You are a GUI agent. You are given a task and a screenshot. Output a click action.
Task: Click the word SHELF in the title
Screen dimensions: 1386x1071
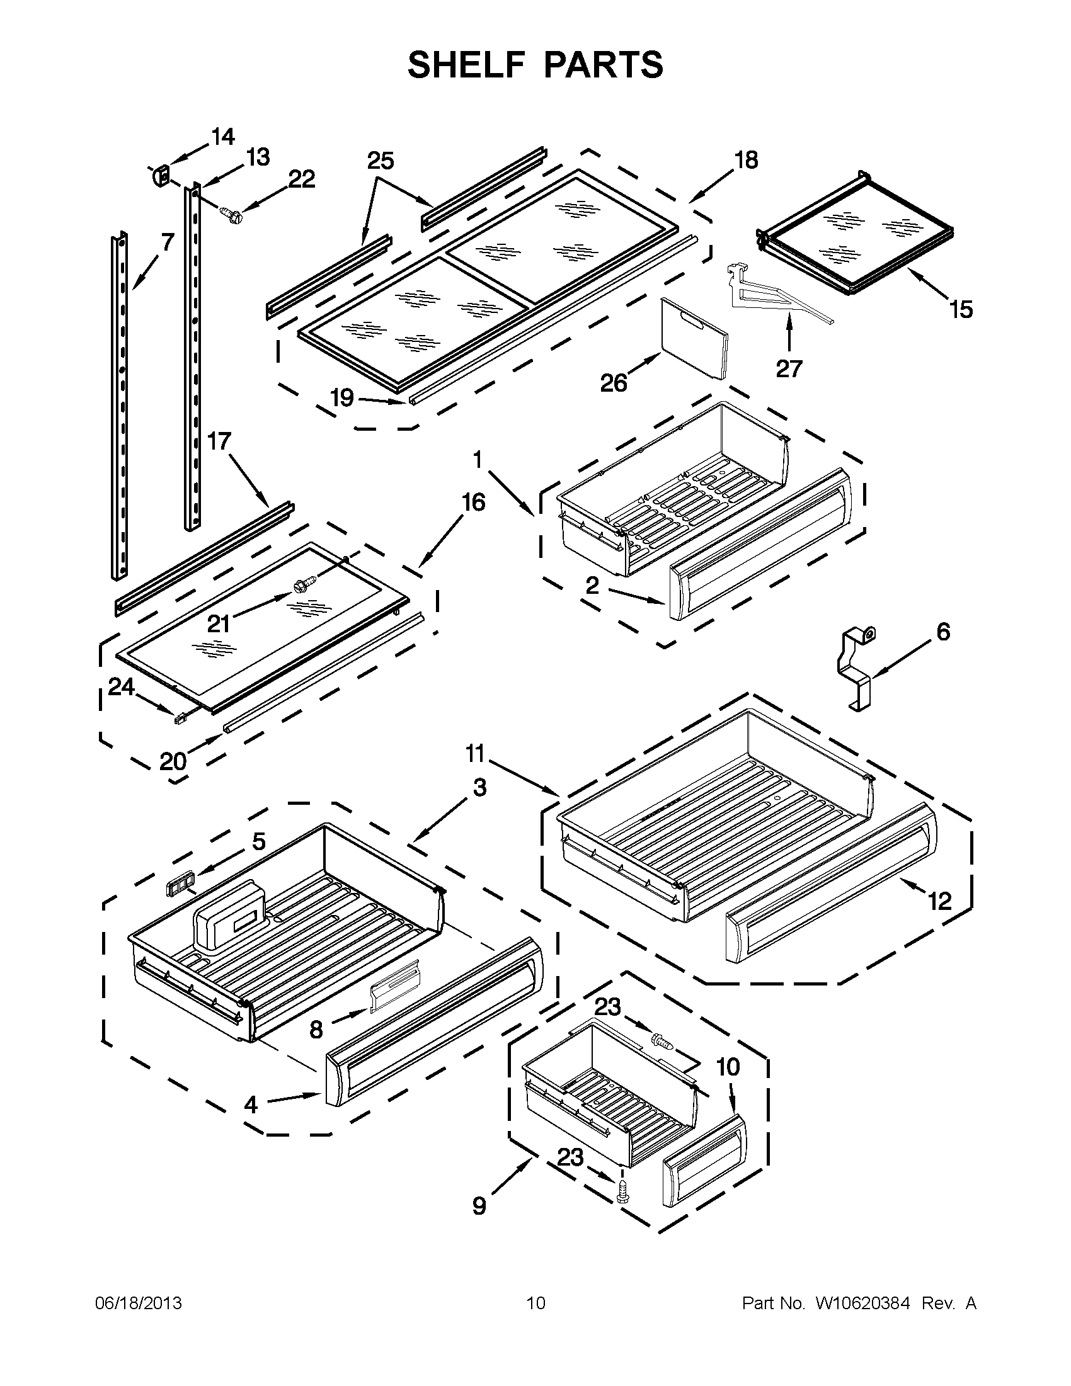tap(463, 65)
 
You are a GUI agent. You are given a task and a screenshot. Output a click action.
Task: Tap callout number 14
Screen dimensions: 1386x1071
tap(222, 137)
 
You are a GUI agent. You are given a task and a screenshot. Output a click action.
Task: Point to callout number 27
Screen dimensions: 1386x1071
tap(789, 368)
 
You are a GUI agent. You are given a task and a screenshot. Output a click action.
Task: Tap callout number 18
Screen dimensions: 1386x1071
tap(746, 161)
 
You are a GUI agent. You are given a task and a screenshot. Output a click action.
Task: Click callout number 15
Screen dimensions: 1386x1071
tap(961, 310)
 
